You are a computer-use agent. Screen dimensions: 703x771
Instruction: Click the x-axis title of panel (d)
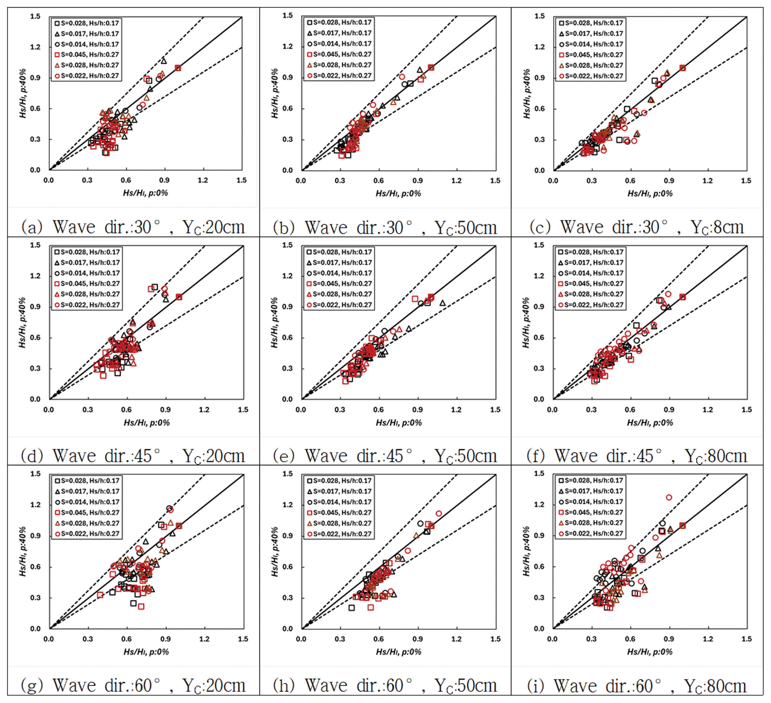coord(146,423)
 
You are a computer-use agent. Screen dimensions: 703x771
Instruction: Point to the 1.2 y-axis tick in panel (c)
coord(539,47)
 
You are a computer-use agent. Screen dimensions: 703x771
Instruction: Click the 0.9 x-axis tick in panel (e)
coord(418,410)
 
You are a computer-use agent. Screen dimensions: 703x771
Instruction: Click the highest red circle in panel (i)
coord(669,497)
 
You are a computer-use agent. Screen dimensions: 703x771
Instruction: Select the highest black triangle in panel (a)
coord(164,61)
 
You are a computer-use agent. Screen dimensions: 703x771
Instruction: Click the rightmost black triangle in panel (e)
coord(443,303)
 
